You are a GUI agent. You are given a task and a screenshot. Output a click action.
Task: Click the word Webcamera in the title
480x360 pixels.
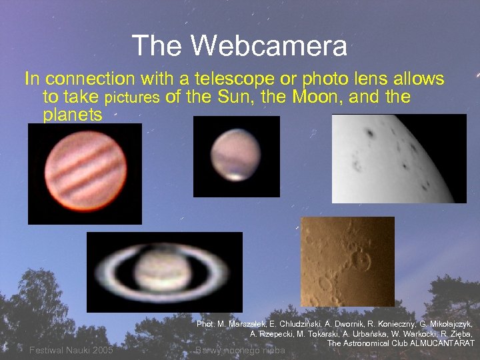269,46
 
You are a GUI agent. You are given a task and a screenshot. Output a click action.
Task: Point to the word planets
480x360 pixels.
72,115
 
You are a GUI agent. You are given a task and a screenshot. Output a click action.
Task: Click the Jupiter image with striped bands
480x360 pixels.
84,173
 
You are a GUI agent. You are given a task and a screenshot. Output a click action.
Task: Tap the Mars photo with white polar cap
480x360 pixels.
236,157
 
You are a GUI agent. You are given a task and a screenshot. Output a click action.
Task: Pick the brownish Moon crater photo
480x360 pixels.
347,261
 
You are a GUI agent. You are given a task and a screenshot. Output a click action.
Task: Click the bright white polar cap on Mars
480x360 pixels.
235,176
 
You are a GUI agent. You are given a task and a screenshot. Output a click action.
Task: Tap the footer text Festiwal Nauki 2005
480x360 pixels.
71,350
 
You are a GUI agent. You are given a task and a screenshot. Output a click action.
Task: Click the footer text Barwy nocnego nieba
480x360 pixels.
240,350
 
